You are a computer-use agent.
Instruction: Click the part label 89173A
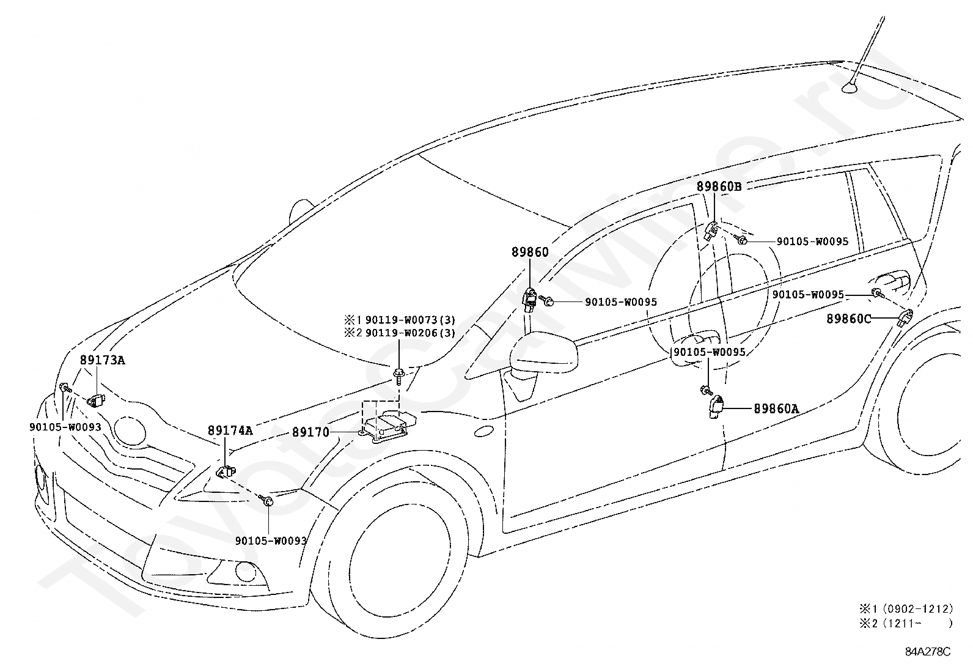click(103, 360)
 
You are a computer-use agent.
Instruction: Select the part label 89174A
click(230, 430)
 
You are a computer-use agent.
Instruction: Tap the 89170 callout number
click(310, 432)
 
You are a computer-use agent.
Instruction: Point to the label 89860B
click(719, 186)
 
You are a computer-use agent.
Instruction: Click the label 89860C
click(849, 319)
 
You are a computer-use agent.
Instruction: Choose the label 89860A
click(776, 408)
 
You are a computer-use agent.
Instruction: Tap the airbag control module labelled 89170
click(385, 428)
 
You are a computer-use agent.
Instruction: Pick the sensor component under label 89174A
click(226, 471)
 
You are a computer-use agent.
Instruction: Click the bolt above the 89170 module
click(398, 377)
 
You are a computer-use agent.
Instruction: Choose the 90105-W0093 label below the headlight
click(271, 541)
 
